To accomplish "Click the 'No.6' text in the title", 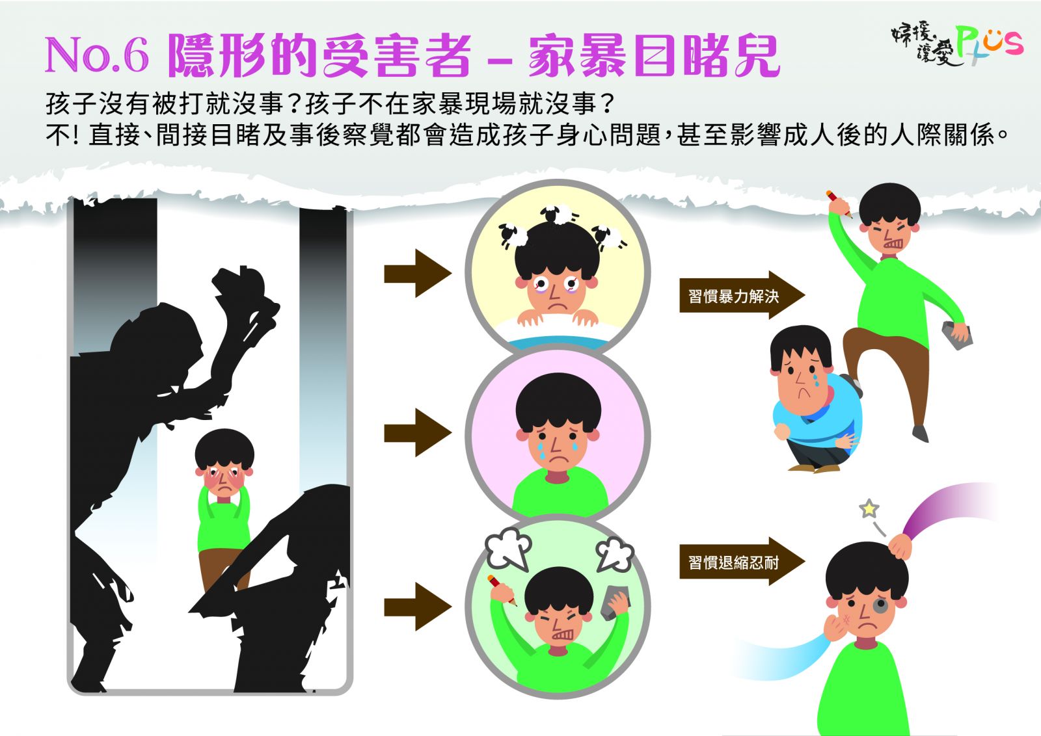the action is tap(97, 55).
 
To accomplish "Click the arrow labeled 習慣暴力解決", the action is tap(742, 295).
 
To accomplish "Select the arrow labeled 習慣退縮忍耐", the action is tap(742, 562).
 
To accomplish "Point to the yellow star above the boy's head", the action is tap(869, 508).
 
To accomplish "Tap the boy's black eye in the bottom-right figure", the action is tap(880, 606).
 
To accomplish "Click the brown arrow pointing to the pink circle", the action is tap(417, 433).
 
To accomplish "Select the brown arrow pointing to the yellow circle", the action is tap(417, 273).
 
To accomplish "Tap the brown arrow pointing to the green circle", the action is tap(417, 607).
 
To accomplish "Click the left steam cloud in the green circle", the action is tap(508, 549).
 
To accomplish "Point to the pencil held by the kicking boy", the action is tap(839, 204).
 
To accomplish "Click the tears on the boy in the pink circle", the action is tap(557, 449).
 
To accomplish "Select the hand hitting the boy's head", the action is tap(900, 546).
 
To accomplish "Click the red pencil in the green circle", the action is tap(502, 590).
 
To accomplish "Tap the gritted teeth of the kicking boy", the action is tap(893, 244).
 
